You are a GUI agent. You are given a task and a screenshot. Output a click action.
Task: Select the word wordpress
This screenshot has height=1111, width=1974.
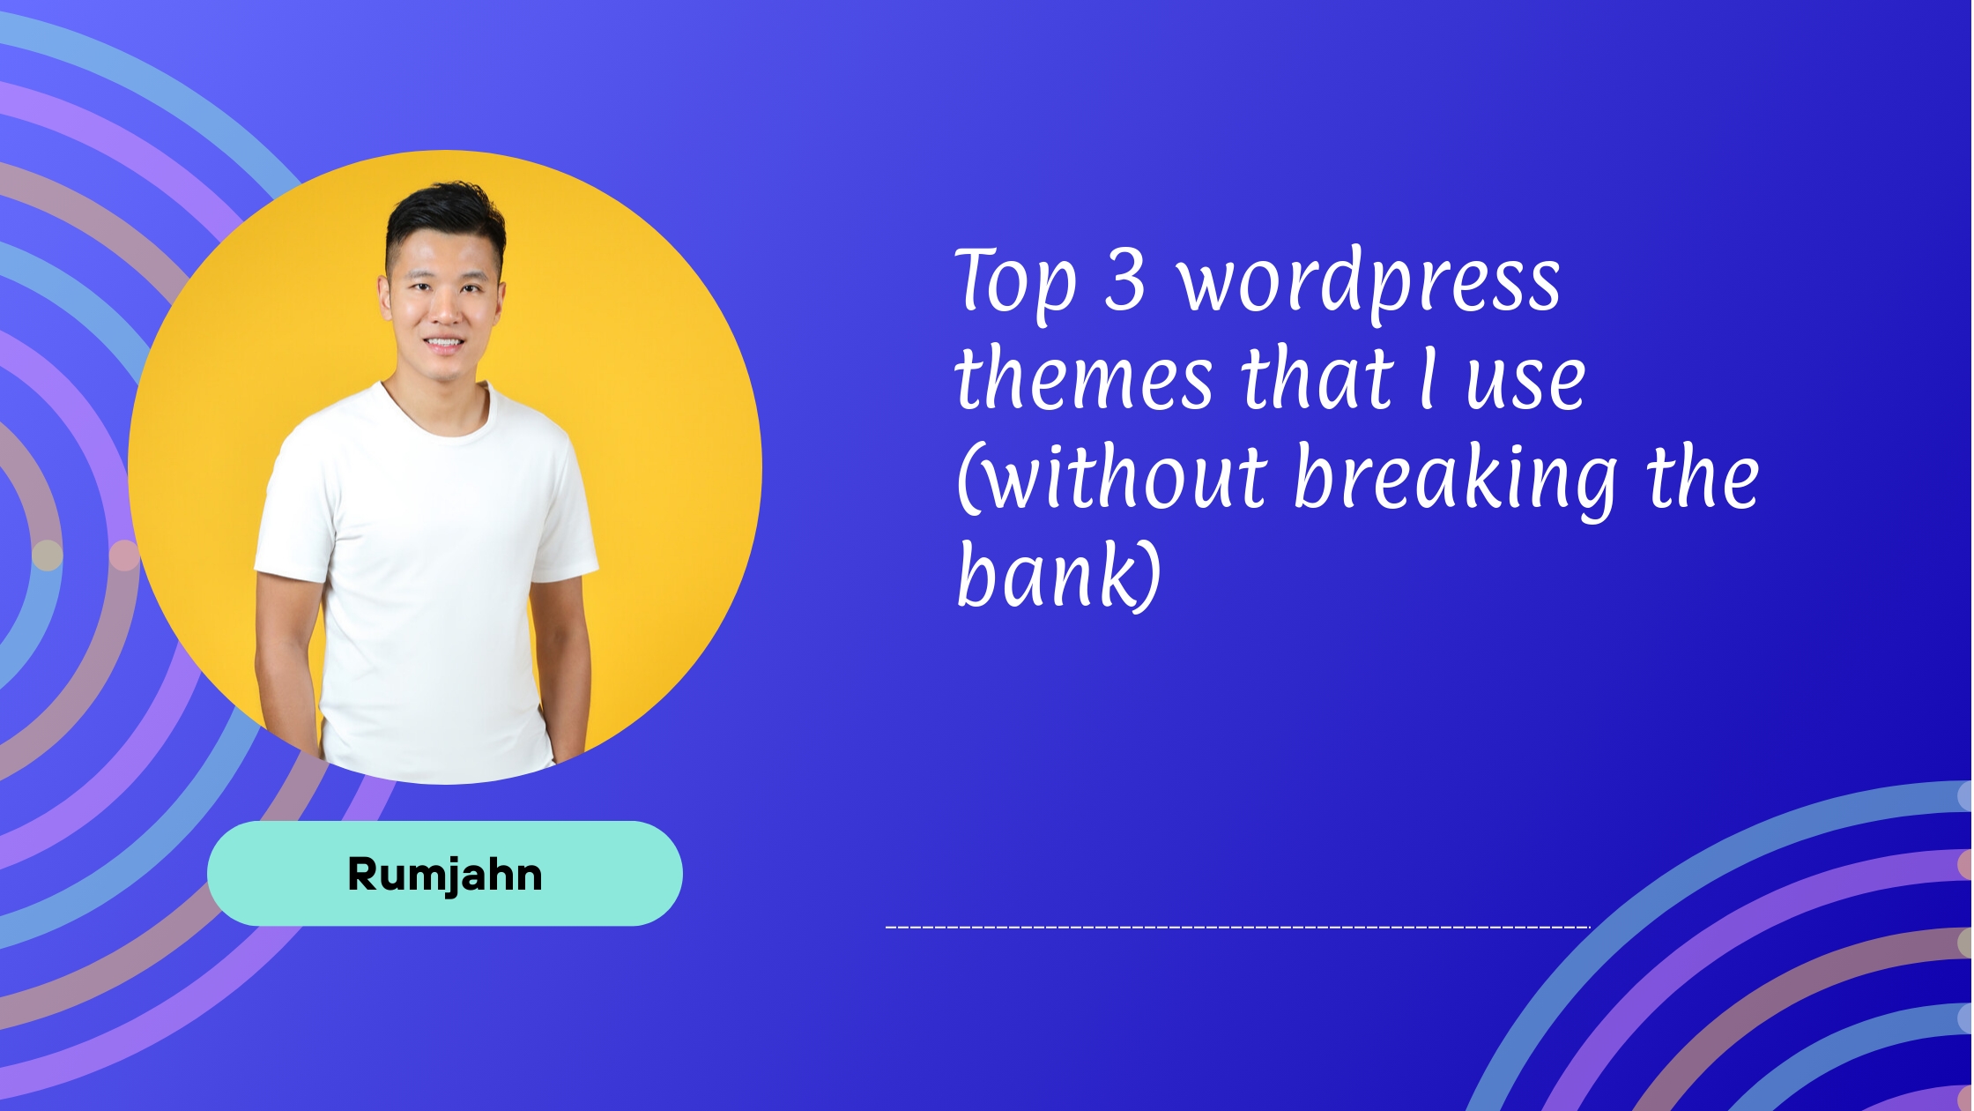(1369, 282)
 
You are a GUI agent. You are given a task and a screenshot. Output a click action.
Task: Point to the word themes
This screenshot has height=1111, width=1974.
(1084, 379)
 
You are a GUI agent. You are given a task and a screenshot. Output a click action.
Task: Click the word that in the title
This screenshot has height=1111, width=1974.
(1317, 379)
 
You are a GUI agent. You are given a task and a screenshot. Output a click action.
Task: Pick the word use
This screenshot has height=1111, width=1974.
(1525, 381)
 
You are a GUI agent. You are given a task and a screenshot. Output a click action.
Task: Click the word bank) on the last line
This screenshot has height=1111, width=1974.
(1058, 575)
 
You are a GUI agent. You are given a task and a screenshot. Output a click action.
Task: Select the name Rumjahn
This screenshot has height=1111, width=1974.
(445, 874)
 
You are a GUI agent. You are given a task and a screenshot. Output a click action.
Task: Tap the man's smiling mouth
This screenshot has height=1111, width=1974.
(442, 343)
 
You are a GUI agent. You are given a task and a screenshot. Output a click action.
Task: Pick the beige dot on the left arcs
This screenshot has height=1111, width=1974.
(48, 555)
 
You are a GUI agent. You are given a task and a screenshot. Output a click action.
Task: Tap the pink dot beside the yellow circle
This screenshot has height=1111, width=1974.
(123, 555)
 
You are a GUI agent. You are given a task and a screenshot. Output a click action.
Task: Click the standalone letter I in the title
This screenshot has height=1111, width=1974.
(1427, 379)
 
